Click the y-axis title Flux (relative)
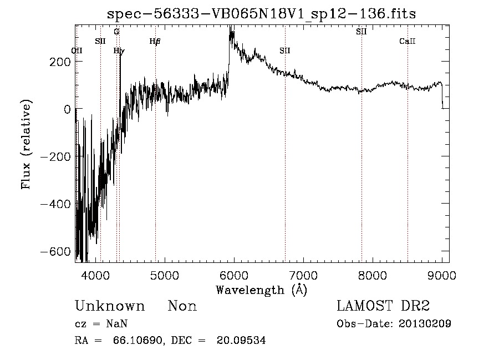(x=26, y=144)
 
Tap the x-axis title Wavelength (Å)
(x=261, y=290)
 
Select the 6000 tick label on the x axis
(x=234, y=275)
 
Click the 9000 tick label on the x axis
(x=442, y=275)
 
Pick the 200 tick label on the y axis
(x=60, y=62)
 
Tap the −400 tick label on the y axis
(x=56, y=204)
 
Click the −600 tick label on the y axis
(x=56, y=251)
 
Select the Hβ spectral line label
(x=155, y=41)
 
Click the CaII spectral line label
(x=408, y=41)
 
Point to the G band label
(x=116, y=32)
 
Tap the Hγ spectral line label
(x=119, y=50)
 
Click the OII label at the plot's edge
(x=77, y=50)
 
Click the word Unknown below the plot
(x=110, y=306)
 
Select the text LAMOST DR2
(x=383, y=306)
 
